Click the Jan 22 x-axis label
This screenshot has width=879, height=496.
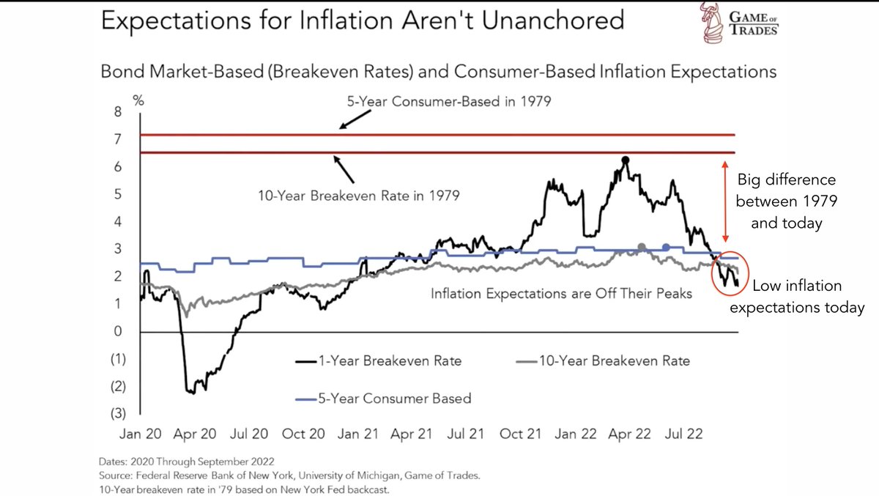[576, 434]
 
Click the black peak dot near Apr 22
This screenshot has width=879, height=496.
[625, 160]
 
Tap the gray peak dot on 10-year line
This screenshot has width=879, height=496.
[642, 247]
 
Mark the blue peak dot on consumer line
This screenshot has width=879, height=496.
[666, 248]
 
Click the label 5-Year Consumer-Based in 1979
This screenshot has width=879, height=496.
[449, 102]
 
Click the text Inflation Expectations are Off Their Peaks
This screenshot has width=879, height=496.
[561, 295]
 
